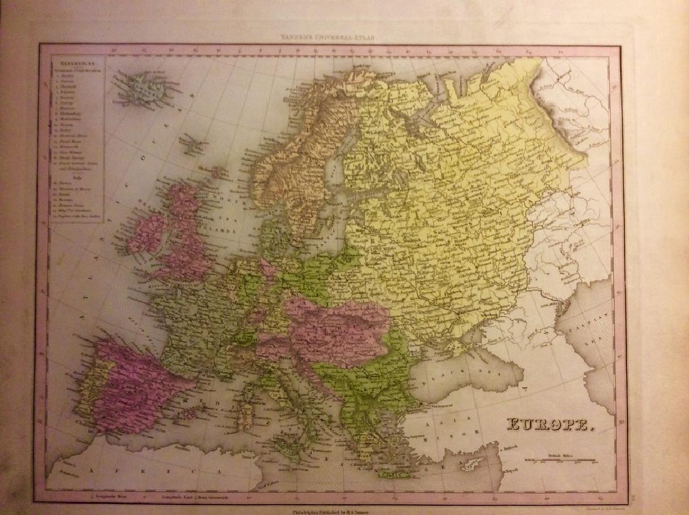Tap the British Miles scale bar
(560, 461)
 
